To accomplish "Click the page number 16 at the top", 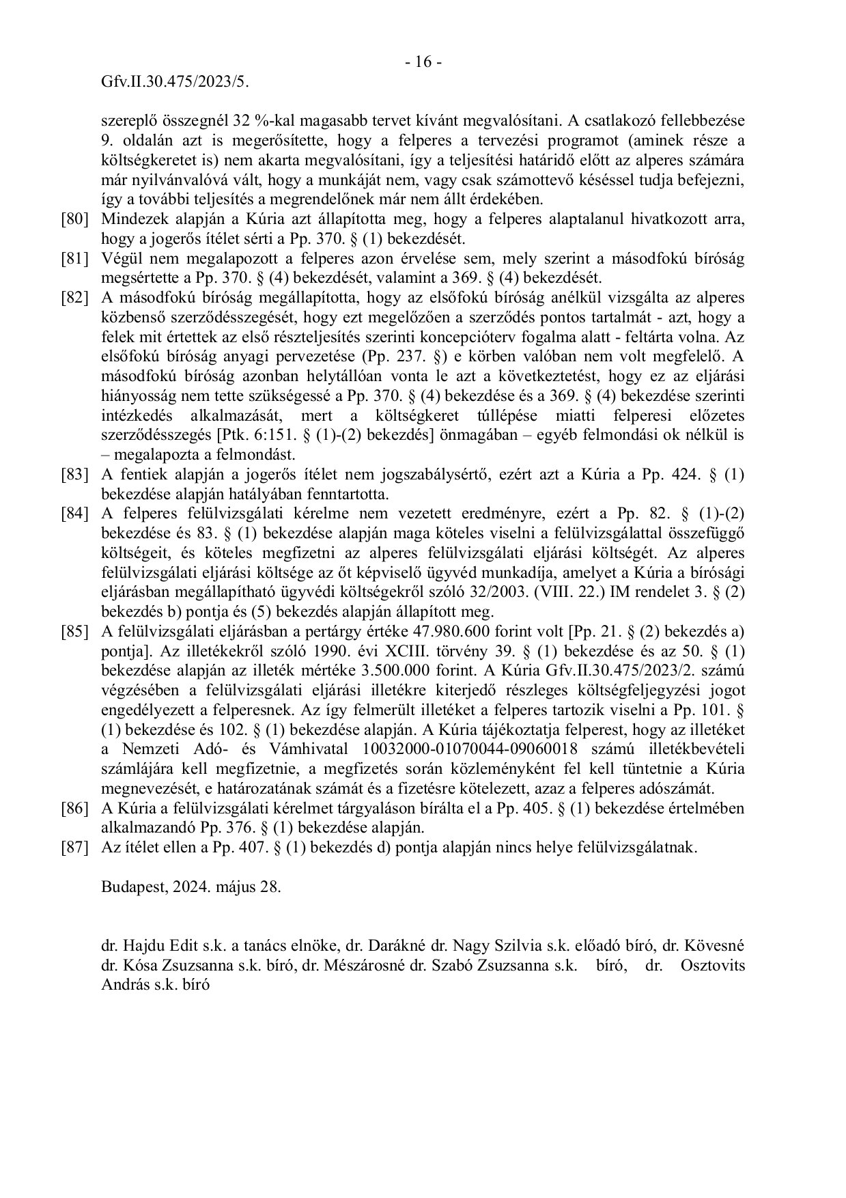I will coord(423,62).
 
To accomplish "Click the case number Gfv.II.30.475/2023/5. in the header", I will coord(175,82).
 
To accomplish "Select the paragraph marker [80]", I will coord(74,220).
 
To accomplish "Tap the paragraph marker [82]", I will coord(74,298).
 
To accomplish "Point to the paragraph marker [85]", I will coord(74,631).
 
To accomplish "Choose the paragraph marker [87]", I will coord(74,848).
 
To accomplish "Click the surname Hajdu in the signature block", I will coord(139,947).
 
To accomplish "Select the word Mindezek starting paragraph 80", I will coord(130,220).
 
